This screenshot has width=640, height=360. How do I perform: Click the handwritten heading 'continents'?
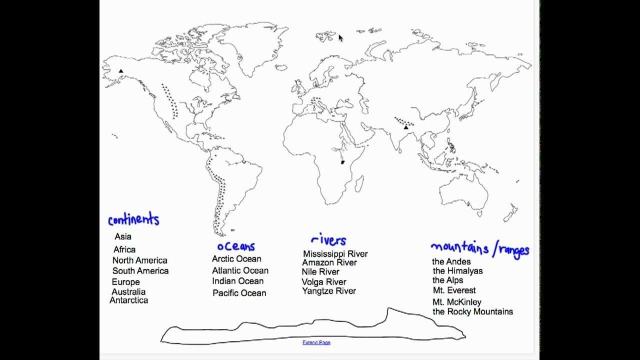click(x=133, y=219)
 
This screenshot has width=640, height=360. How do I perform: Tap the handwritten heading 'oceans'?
click(x=236, y=246)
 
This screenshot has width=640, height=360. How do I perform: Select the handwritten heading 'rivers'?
click(x=328, y=240)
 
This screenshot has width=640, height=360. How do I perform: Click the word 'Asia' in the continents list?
click(x=123, y=236)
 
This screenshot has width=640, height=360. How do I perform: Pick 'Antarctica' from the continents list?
click(x=128, y=300)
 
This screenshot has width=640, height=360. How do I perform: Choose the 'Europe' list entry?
click(x=125, y=282)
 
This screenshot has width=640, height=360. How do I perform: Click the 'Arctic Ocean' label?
click(x=236, y=259)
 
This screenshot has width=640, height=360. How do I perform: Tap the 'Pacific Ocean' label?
click(x=239, y=293)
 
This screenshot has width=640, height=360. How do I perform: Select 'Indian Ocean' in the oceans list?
click(x=237, y=281)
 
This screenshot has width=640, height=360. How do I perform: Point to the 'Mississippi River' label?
click(x=335, y=254)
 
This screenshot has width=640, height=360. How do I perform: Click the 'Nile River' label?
click(x=320, y=272)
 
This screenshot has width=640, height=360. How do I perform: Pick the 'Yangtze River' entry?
click(x=329, y=291)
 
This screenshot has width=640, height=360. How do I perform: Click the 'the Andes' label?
click(x=451, y=261)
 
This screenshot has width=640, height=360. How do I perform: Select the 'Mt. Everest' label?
click(x=454, y=290)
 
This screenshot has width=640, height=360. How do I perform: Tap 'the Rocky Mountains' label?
click(x=472, y=311)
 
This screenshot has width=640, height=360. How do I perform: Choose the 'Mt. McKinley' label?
click(x=456, y=302)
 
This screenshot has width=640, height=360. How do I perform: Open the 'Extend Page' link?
click(x=316, y=342)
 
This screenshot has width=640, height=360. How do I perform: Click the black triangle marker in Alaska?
click(x=121, y=71)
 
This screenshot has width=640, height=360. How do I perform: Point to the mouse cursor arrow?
click(x=340, y=38)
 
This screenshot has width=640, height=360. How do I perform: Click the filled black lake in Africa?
click(x=342, y=162)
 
